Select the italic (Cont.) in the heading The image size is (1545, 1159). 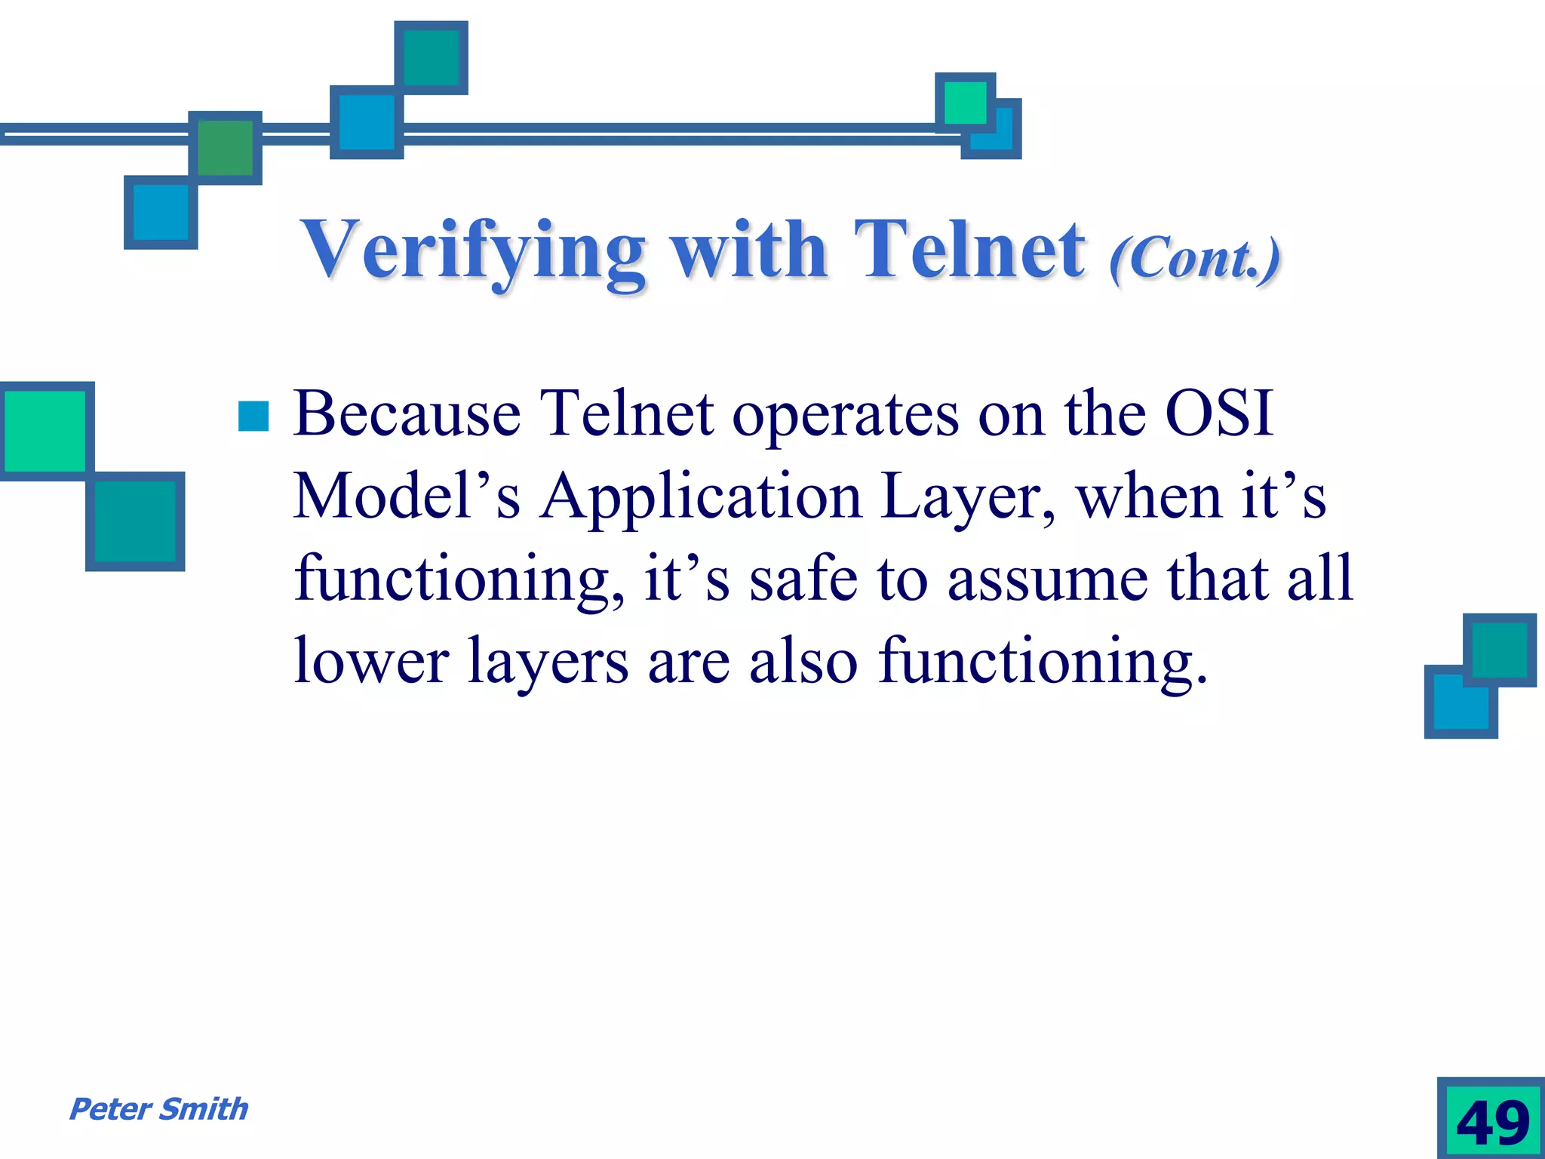[1195, 259]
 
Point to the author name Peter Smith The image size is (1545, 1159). [158, 1109]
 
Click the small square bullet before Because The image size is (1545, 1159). [253, 416]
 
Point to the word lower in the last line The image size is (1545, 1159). [371, 661]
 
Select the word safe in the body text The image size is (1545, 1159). [803, 579]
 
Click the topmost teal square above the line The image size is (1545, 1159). [432, 57]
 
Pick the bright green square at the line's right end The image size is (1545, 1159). [965, 102]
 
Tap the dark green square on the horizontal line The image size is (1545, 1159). [225, 147]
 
